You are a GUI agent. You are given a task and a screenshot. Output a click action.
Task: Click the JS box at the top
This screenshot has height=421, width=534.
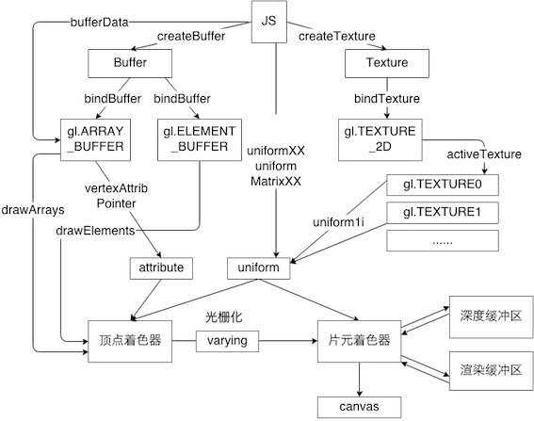tap(269, 22)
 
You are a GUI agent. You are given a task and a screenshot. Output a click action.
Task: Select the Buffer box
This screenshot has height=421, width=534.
tap(130, 63)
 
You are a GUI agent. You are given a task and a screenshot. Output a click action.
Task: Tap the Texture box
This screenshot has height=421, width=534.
tap(387, 63)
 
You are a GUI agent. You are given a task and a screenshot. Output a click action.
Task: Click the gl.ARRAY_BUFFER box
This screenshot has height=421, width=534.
tap(95, 139)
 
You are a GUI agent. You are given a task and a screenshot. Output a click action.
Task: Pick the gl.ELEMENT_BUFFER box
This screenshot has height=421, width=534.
tap(200, 139)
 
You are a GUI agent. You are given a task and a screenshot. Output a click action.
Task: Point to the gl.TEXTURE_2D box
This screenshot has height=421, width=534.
tap(380, 139)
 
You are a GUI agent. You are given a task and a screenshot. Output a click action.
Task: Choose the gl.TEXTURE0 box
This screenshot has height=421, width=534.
tap(443, 185)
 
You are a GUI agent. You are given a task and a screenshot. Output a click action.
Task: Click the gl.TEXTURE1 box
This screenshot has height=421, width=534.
tap(443, 213)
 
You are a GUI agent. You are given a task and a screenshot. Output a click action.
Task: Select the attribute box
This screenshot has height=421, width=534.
tap(161, 268)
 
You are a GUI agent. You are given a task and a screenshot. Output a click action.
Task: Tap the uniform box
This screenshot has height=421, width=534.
tap(258, 268)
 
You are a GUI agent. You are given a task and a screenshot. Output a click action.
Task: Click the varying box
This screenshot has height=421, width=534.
tap(227, 341)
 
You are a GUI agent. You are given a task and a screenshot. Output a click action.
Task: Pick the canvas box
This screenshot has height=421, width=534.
tap(359, 407)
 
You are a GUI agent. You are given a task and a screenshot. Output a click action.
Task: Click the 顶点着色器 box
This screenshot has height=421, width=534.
tap(130, 341)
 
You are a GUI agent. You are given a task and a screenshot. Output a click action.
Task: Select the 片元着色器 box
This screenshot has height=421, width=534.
tap(359, 341)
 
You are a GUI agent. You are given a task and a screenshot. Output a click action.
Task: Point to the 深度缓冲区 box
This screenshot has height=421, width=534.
tap(491, 316)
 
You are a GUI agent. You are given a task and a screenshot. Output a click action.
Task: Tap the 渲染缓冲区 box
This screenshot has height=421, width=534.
tap(491, 370)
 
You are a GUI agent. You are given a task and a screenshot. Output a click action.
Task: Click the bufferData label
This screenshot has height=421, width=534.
tap(100, 23)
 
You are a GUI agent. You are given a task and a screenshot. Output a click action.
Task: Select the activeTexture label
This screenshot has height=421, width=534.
tap(484, 154)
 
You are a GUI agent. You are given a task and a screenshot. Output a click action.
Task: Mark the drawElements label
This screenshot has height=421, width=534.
tap(95, 231)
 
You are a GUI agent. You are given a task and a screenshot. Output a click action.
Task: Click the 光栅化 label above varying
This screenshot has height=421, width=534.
tap(224, 317)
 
